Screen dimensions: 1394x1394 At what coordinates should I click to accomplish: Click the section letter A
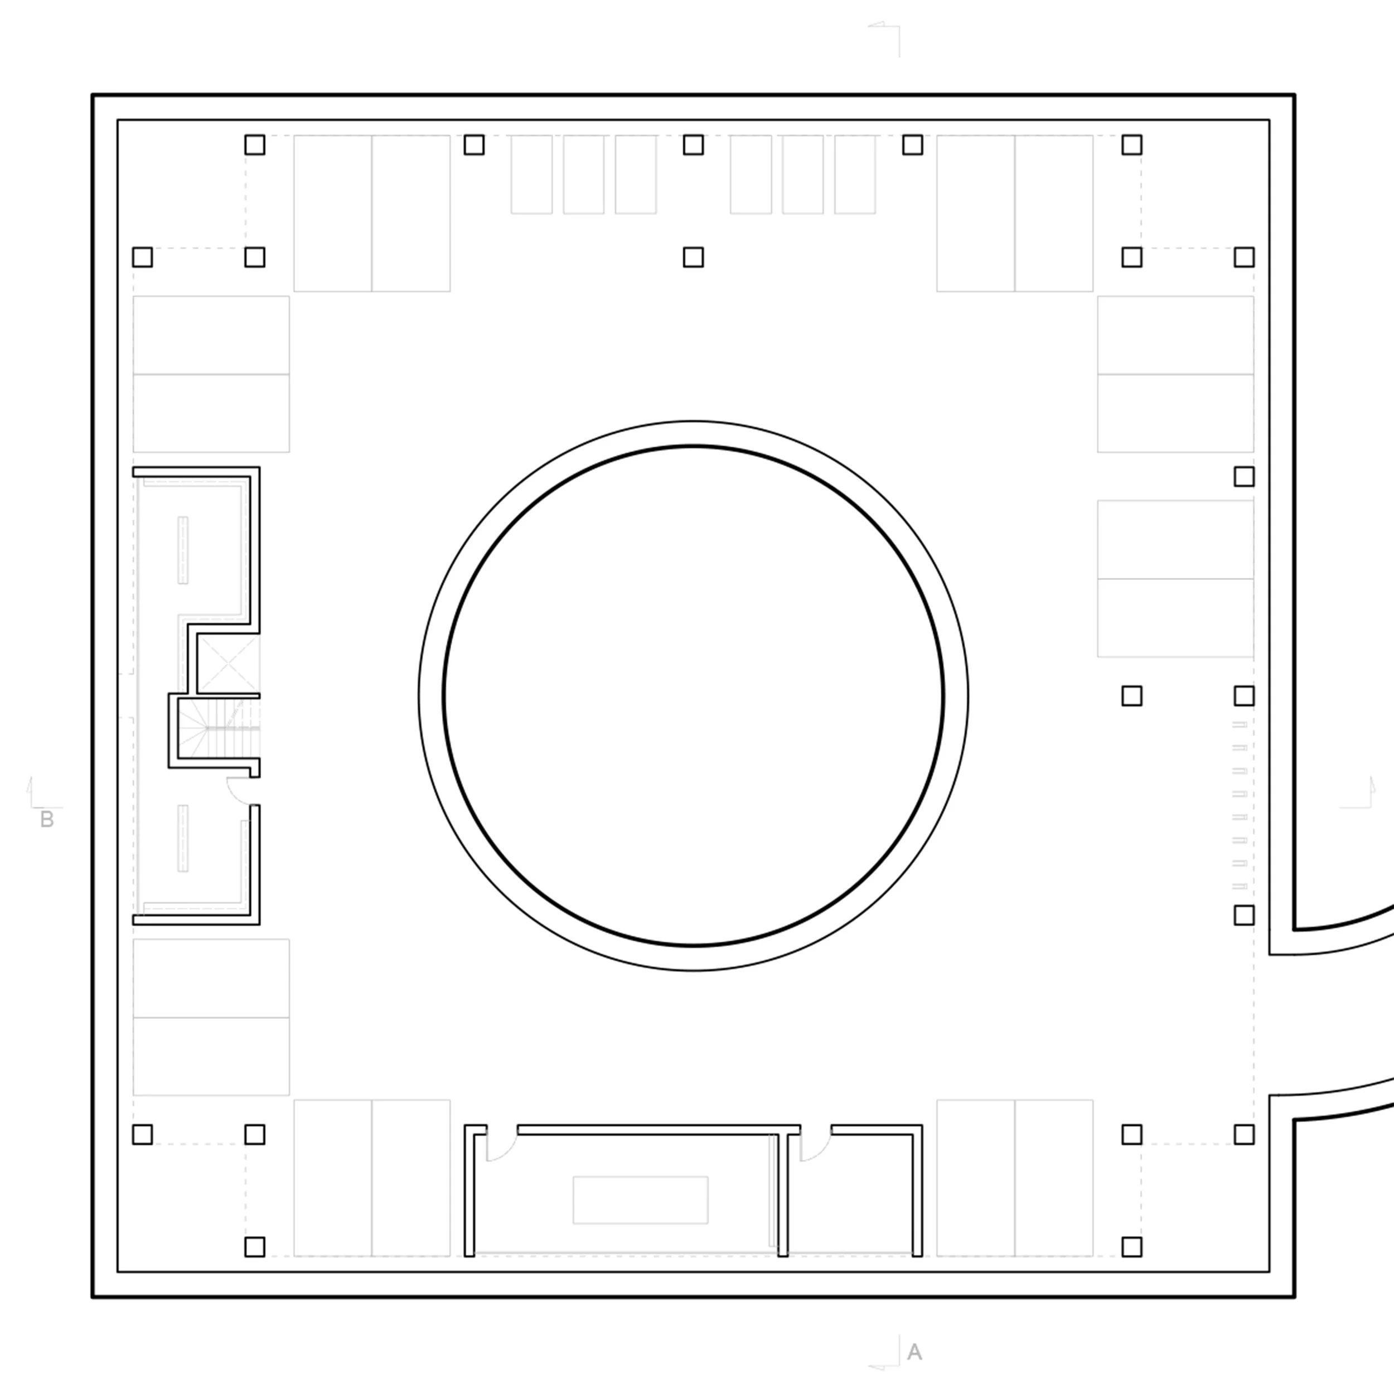(x=914, y=1352)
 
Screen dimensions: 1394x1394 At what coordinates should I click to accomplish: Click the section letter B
(x=47, y=820)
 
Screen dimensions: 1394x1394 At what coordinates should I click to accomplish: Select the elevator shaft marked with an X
(x=228, y=663)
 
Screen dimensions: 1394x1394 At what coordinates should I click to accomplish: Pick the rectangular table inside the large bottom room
(x=640, y=1200)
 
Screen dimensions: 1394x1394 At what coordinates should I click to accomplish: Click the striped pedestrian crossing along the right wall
(x=1240, y=805)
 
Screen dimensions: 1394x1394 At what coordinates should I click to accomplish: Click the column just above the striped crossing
(x=1244, y=695)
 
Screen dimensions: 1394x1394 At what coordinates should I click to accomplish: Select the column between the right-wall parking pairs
(x=1244, y=476)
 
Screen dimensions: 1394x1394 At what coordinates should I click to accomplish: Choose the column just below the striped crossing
(x=1244, y=915)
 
